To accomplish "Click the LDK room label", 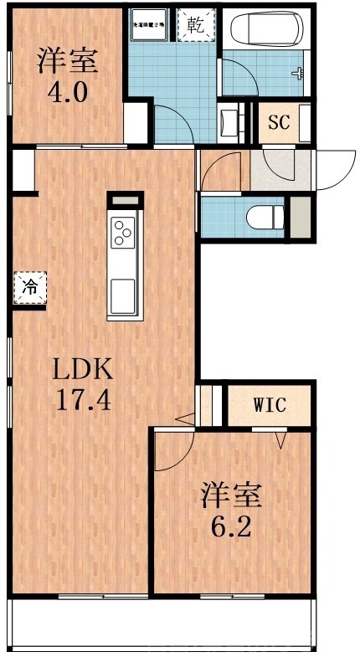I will pyautogui.click(x=84, y=369).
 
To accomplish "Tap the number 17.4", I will pyautogui.click(x=84, y=399).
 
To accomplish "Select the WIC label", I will pyautogui.click(x=270, y=406).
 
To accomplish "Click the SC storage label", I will pyautogui.click(x=278, y=121).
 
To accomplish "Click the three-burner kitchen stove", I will pyautogui.click(x=123, y=231).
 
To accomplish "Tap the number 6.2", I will pyautogui.click(x=230, y=528).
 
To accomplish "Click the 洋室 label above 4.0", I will pyautogui.click(x=68, y=61).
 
